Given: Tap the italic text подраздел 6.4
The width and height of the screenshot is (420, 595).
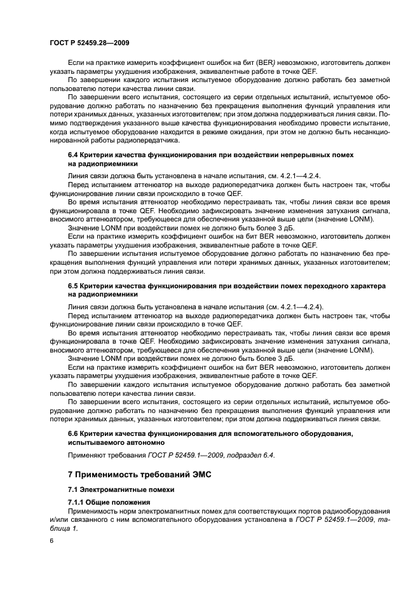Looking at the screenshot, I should coord(250,454).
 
